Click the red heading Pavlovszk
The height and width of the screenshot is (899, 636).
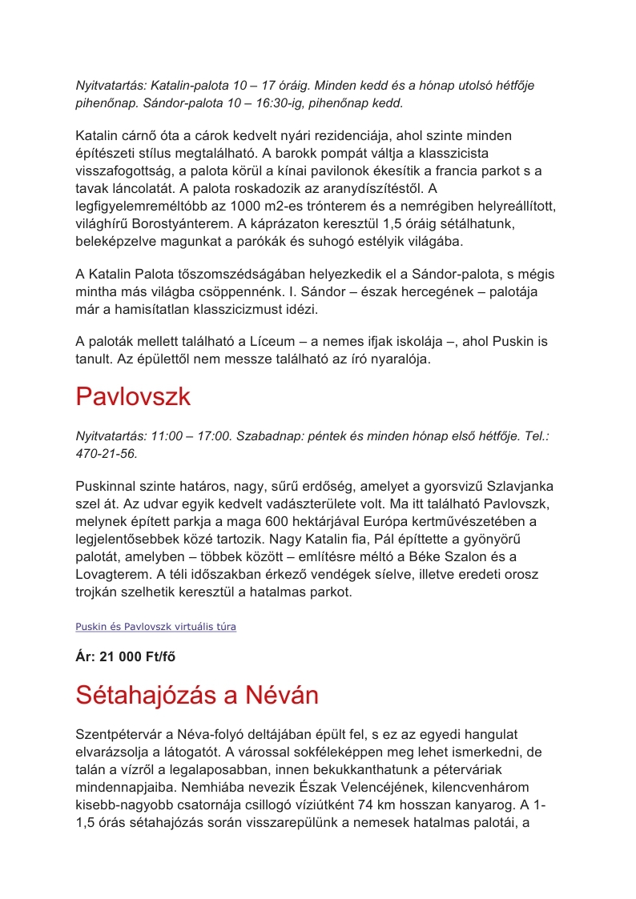tap(133, 396)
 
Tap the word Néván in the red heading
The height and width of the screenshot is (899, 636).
tap(281, 695)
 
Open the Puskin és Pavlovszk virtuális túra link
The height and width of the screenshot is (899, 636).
tap(155, 627)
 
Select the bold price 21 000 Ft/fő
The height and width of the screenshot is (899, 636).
tap(126, 657)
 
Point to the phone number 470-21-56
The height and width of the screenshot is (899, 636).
tap(107, 453)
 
